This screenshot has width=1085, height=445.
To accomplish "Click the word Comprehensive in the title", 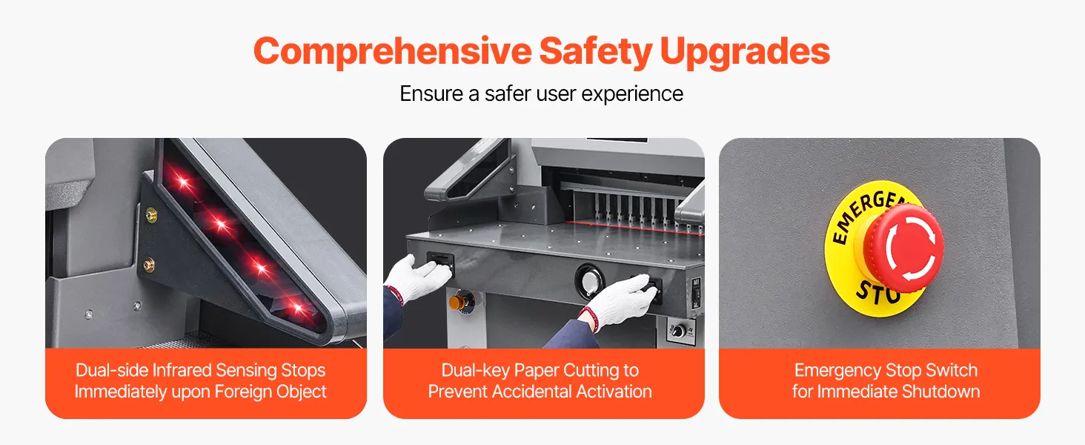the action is [x=392, y=52].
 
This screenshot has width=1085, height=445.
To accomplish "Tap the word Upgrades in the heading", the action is [x=745, y=52].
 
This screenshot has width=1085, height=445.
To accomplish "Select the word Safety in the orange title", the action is [x=596, y=52].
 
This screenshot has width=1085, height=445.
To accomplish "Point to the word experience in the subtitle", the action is [x=632, y=94].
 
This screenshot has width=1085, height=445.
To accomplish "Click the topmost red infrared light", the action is [x=182, y=182].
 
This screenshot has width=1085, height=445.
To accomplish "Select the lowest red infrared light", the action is [x=297, y=307].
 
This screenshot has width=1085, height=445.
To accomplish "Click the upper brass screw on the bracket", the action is [x=152, y=214].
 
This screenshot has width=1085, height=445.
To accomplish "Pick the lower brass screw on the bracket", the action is [x=149, y=265].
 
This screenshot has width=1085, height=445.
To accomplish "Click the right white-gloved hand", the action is [x=620, y=301].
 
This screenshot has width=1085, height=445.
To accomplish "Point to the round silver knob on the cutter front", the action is [x=589, y=281].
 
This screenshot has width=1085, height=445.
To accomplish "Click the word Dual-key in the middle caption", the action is [x=475, y=371].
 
